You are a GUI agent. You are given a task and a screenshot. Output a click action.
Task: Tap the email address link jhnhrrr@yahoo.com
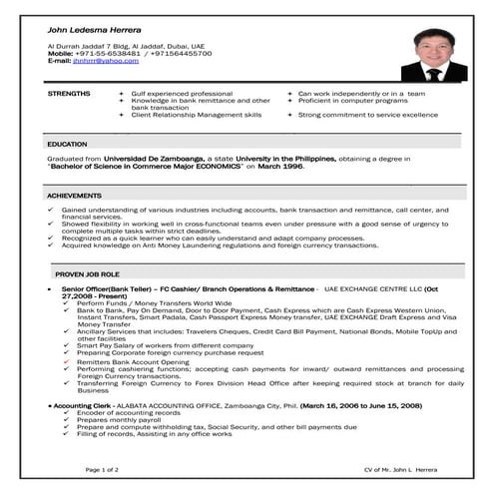point(107,61)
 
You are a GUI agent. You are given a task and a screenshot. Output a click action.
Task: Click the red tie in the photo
point(433,73)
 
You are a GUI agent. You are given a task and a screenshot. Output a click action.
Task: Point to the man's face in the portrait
point(433,50)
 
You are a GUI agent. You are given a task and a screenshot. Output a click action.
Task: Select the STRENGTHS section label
point(68,93)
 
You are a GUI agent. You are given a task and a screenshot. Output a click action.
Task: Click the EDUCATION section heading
point(67,145)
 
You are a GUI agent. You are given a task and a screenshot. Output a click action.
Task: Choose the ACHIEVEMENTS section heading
point(74,196)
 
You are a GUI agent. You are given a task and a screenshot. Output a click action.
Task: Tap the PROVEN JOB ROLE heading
point(88,272)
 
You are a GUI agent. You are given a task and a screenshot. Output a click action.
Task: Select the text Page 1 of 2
point(103,468)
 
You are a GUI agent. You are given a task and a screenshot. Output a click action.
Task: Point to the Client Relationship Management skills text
point(196,115)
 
